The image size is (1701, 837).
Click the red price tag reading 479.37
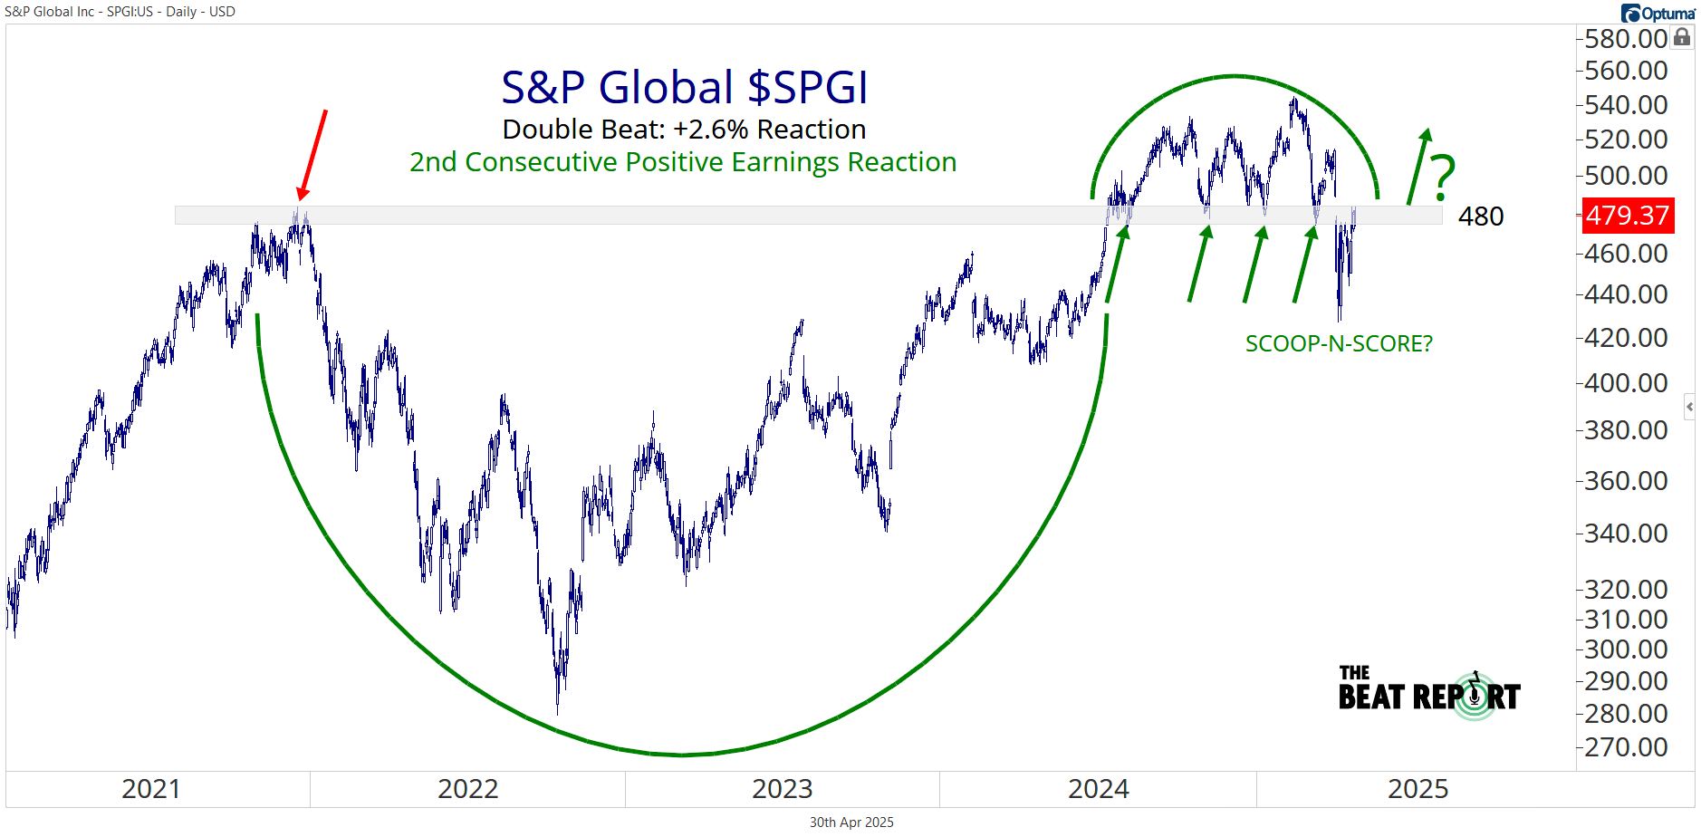pyautogui.click(x=1628, y=216)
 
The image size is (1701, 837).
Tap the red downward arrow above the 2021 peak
pyautogui.click(x=312, y=155)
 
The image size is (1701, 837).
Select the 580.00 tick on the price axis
pyautogui.click(x=1626, y=39)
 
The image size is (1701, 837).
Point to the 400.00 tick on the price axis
pyautogui.click(x=1626, y=383)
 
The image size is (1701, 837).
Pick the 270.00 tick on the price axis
pyautogui.click(x=1626, y=747)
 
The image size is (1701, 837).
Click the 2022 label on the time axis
pyautogui.click(x=467, y=789)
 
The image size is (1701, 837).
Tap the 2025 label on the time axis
pyautogui.click(x=1417, y=789)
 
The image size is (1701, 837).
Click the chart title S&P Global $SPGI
pyautogui.click(x=685, y=88)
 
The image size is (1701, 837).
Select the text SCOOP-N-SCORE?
pyautogui.click(x=1339, y=344)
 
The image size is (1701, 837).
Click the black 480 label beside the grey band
pyautogui.click(x=1481, y=216)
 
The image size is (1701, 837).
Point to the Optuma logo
pyautogui.click(x=1658, y=13)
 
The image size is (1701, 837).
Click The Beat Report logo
pyautogui.click(x=1429, y=694)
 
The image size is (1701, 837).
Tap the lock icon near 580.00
pyautogui.click(x=1682, y=37)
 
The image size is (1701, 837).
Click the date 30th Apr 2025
pyautogui.click(x=851, y=823)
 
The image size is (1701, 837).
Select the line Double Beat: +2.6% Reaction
pyautogui.click(x=684, y=130)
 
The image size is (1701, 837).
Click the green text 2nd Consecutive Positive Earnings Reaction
pyautogui.click(x=683, y=162)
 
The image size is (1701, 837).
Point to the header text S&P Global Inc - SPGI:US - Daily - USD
pyautogui.click(x=120, y=12)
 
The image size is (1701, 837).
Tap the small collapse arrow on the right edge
pyautogui.click(x=1689, y=407)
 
